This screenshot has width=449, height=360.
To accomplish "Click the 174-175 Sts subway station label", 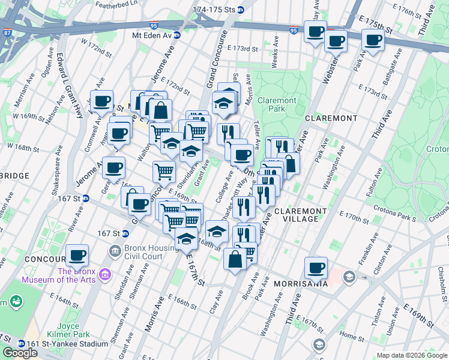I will [x=214, y=10].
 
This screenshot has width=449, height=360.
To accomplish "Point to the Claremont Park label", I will [x=277, y=105].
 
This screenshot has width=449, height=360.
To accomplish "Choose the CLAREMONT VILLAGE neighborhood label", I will [x=301, y=215].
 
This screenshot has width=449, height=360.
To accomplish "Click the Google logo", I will [x=20, y=353].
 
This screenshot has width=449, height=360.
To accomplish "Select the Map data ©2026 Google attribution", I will [x=411, y=355].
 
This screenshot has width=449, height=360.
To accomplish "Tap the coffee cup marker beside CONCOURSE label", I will [x=77, y=256].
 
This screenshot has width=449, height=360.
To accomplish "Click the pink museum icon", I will [x=106, y=275].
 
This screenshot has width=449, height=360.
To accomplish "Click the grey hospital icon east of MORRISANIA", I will [x=348, y=277].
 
